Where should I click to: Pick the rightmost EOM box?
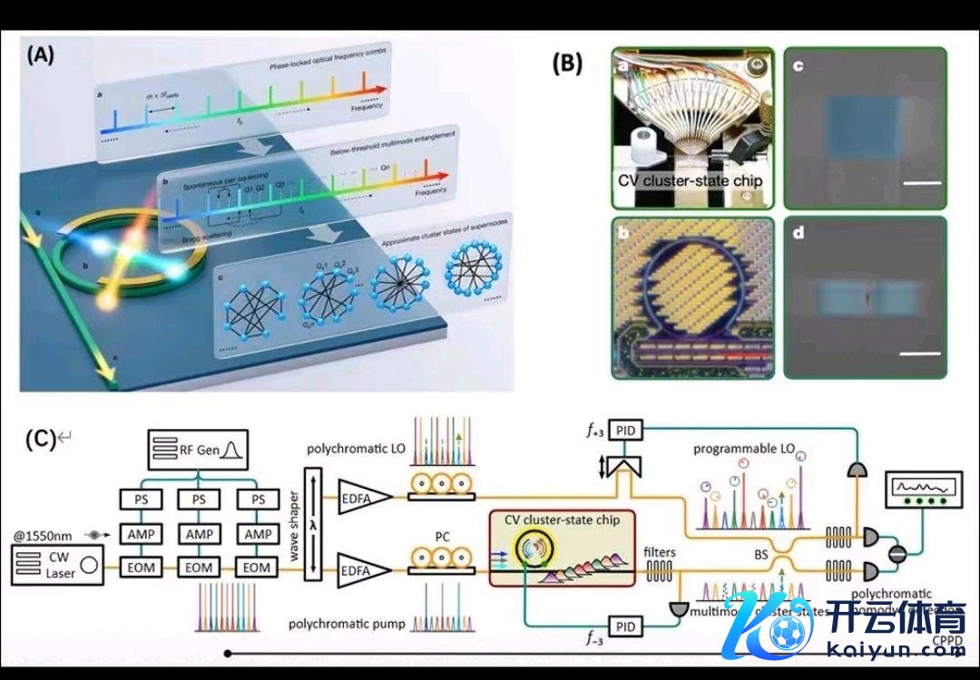260,567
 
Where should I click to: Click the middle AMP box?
199,534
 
